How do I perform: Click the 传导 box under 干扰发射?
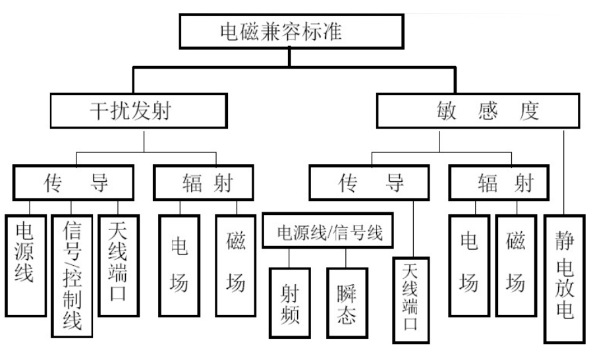click(72, 182)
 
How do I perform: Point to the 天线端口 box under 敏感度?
click(411, 301)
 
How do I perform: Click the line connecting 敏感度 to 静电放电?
click(564, 171)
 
